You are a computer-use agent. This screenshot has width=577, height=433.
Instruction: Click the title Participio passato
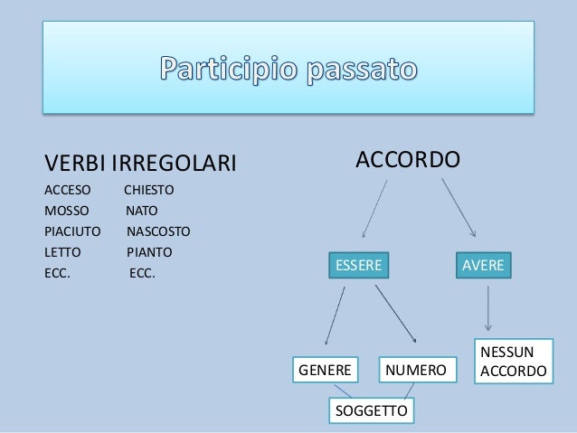click(289, 69)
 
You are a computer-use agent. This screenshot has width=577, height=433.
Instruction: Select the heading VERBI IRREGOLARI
click(140, 164)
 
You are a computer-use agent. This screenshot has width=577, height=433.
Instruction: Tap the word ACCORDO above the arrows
click(408, 160)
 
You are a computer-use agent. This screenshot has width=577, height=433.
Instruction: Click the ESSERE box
click(358, 265)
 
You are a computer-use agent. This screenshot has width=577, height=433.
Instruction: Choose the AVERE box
click(483, 265)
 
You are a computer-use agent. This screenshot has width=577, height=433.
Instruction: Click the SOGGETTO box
click(371, 411)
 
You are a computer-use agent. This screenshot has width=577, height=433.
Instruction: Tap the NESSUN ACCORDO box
click(513, 362)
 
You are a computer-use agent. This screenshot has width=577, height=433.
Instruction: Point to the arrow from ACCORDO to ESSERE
click(374, 208)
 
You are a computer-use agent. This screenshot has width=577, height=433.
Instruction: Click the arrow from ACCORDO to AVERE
click(459, 207)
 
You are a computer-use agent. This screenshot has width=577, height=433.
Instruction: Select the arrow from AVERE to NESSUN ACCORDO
click(488, 308)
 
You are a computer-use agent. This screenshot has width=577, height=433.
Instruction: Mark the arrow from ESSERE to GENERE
click(335, 316)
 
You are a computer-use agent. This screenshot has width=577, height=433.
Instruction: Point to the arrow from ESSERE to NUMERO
click(395, 313)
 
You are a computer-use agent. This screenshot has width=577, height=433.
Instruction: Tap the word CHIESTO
click(148, 191)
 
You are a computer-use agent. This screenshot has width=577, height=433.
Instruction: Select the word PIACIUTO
click(72, 231)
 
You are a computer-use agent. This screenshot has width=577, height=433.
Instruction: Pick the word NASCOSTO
click(158, 231)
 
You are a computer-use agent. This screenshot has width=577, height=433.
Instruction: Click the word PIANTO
click(149, 251)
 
